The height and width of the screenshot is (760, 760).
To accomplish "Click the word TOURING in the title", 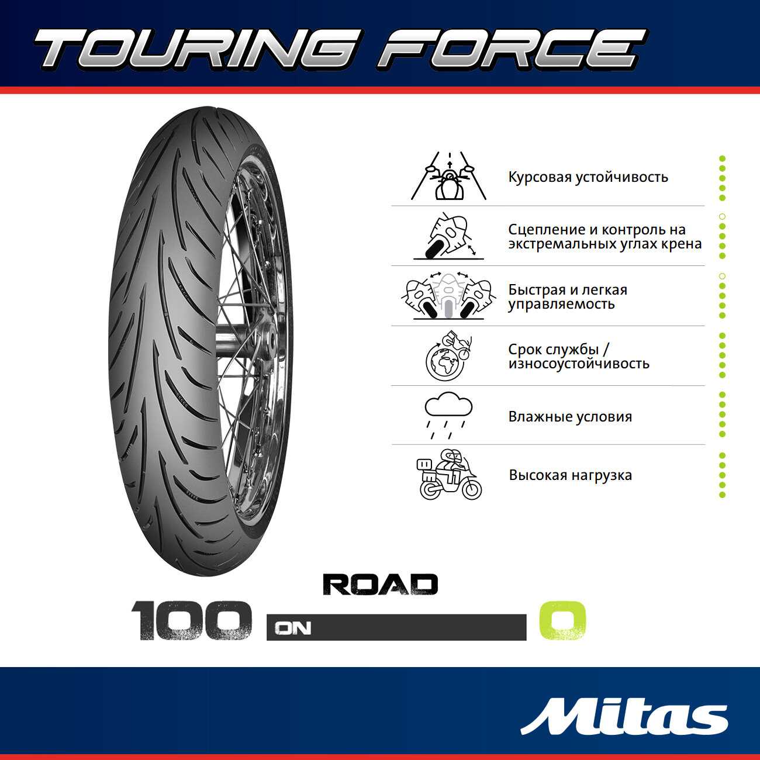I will pos(193,49).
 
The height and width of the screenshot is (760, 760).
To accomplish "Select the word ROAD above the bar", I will pos(380,584).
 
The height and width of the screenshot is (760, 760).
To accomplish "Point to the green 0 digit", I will pos(562,620).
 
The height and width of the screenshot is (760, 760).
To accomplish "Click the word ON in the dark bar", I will pos(293,628).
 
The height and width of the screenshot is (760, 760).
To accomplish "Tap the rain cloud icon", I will pos(448,415).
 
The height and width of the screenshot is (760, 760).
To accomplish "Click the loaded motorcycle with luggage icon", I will pos(450,474).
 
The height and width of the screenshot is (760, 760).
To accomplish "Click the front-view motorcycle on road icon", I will pos(449,176).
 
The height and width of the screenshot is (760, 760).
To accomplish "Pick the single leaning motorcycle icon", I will pos(448,236).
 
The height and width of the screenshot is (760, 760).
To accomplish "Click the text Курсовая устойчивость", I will pos(588,177).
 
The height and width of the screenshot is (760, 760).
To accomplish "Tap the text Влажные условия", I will pos(570,417).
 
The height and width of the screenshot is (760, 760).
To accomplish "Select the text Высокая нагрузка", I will pos(570,475).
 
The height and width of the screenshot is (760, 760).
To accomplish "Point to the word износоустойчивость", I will pos(579,364).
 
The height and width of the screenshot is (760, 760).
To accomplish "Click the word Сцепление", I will pos(547,230).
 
